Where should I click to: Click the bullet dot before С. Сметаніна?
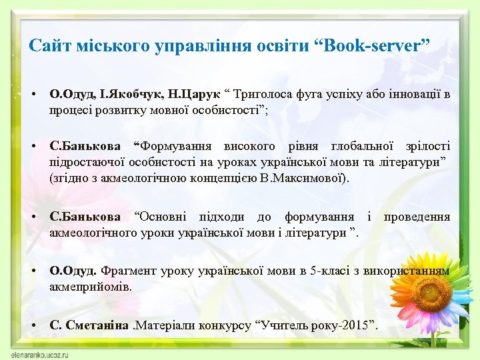click(33, 326)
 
